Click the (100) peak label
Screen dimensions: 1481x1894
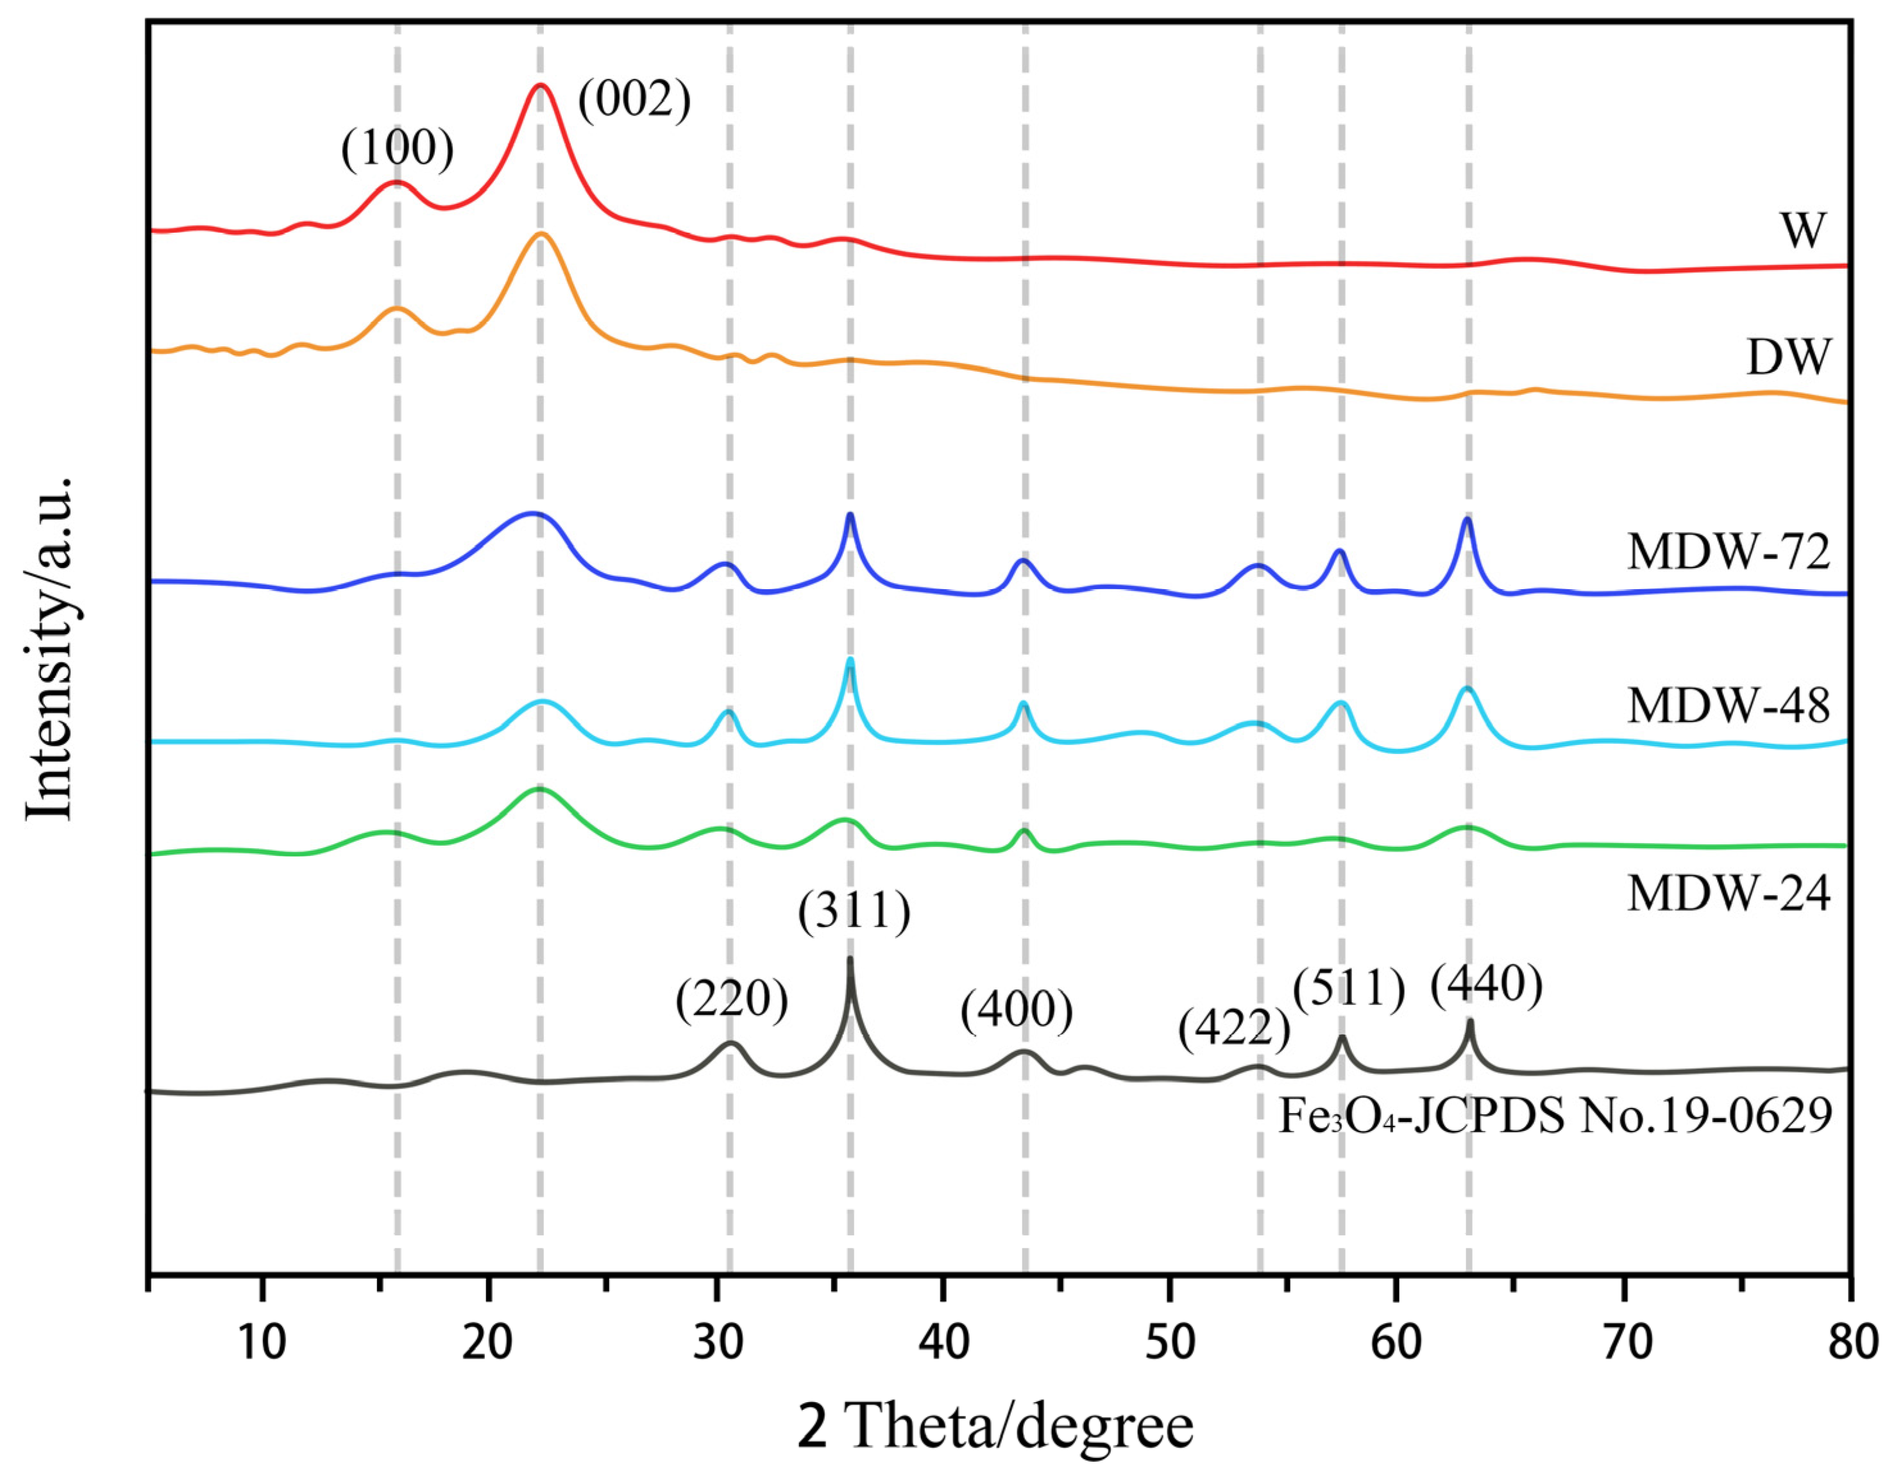tap(397, 148)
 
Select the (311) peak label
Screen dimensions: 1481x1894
tap(854, 910)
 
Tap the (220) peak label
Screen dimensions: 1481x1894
tap(732, 1000)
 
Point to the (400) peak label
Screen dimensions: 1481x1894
tap(1017, 1010)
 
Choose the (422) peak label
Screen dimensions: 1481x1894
tap(1234, 1029)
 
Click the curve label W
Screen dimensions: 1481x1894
tap(1803, 231)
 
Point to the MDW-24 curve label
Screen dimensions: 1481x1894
tap(1729, 894)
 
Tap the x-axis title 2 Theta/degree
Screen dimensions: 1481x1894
tap(995, 1427)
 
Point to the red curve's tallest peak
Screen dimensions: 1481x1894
tap(540, 85)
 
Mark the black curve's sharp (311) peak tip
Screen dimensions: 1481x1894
tap(849, 959)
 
